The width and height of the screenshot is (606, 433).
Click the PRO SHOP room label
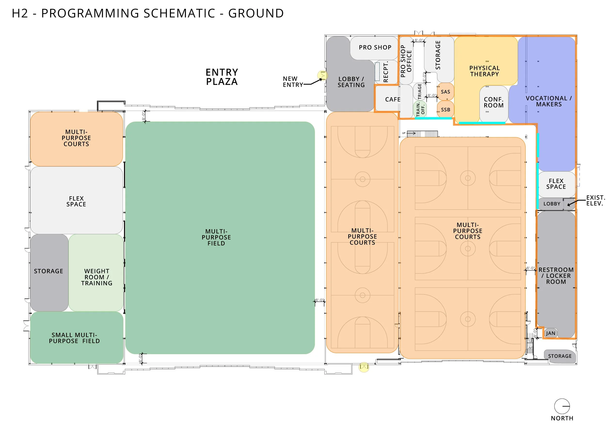click(375, 48)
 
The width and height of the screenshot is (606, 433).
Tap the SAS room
click(445, 92)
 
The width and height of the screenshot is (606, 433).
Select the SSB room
click(445, 110)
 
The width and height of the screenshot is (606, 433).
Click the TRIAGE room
click(420, 91)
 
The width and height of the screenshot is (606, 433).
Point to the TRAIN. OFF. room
click(420, 109)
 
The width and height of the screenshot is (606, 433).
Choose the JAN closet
click(550, 333)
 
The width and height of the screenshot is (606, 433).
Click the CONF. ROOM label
click(494, 102)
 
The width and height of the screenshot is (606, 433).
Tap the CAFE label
click(393, 99)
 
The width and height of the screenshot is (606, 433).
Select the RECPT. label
click(385, 72)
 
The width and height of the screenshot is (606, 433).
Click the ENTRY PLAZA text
click(222, 77)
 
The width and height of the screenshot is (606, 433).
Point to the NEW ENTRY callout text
click(292, 82)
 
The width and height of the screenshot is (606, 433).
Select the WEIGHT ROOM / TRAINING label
click(96, 277)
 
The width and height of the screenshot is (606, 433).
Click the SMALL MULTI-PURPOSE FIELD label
click(74, 338)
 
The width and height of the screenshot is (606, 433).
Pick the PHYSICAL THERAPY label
click(484, 71)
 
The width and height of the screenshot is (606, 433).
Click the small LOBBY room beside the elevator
click(552, 204)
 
